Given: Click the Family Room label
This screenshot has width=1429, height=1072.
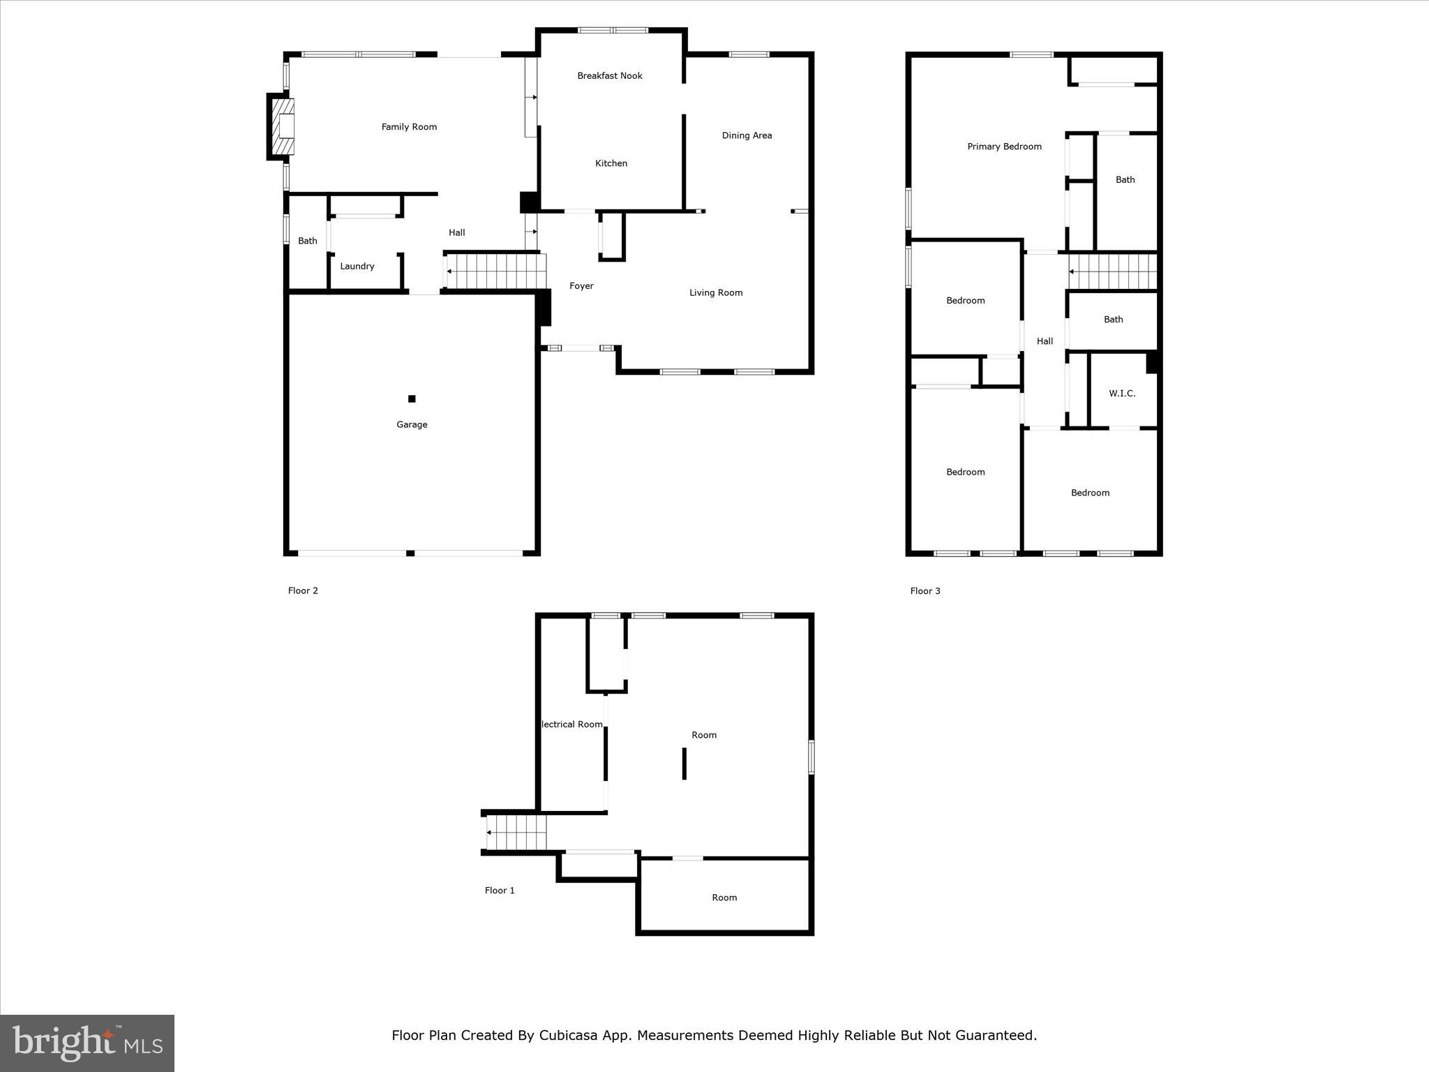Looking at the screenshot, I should coord(409,127).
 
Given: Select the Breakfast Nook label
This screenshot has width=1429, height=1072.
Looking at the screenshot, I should coord(609,76).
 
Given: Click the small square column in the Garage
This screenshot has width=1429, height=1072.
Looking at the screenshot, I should coord(412,399).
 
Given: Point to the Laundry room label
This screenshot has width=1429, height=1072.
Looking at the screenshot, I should coord(357,267).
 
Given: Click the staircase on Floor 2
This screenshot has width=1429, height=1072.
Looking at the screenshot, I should coord(495,271).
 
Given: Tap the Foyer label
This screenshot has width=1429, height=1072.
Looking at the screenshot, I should coord(581,286).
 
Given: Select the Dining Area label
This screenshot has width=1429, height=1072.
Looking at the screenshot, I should coord(747,136).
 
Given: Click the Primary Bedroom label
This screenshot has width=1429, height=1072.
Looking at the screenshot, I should coord(1004,147).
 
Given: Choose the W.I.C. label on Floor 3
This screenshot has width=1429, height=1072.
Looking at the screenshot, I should coord(1122,394).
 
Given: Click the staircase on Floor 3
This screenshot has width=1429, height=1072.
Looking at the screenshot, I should coord(1112,271).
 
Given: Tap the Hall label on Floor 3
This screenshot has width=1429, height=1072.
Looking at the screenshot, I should coord(1045,341).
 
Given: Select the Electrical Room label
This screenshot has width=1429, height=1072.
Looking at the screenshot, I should coord(572,724).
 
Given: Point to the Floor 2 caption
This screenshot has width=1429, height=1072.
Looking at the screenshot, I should coord(303,591).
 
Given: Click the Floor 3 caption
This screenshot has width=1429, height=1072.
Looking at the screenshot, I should coord(925,591).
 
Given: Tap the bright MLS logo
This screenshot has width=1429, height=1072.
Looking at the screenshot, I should coord(87,1043).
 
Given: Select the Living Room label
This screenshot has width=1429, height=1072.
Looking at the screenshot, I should coord(716,293).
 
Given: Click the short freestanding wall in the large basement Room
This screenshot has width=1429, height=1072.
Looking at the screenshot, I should coord(684,764).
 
